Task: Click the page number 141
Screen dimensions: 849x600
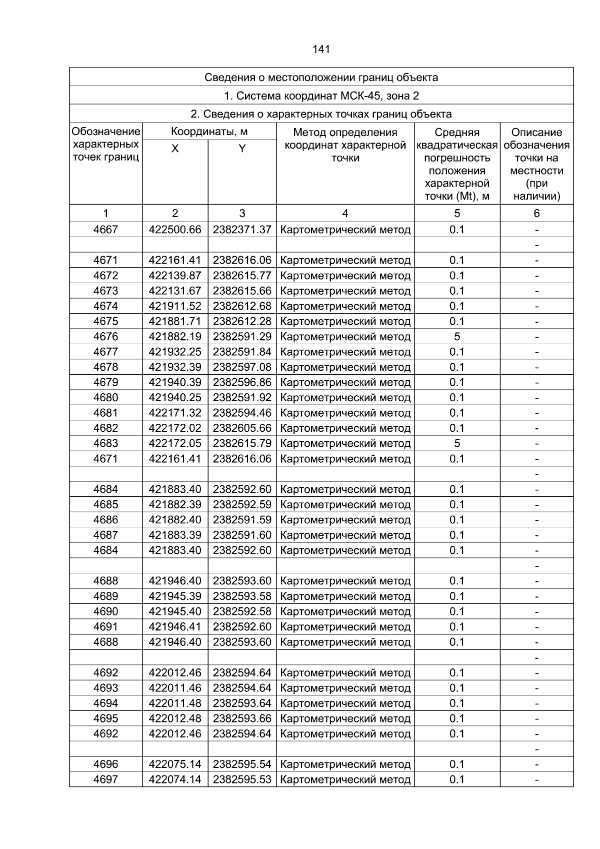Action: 321,49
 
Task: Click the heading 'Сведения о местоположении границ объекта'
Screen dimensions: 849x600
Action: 321,77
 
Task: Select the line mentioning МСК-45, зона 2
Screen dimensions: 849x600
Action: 321,96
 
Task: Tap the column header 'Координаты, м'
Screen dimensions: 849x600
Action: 209,132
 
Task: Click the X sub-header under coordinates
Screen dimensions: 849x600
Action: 175,149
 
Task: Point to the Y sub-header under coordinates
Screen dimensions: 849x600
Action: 242,149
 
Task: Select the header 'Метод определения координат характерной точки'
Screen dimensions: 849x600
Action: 345,145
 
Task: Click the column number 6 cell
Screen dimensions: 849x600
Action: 536,214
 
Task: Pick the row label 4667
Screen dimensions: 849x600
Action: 105,230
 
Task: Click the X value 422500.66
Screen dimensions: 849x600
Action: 175,230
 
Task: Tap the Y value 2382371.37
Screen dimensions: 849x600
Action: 242,230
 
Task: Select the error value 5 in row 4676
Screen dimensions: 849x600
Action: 457,337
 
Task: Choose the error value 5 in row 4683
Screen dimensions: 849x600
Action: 457,444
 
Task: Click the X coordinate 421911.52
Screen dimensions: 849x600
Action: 175,306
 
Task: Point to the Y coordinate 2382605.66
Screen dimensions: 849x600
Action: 242,428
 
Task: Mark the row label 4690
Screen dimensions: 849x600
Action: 105,611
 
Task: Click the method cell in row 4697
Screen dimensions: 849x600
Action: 345,779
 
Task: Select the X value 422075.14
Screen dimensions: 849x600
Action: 175,764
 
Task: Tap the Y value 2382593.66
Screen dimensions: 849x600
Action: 242,718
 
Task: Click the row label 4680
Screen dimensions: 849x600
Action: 105,398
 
